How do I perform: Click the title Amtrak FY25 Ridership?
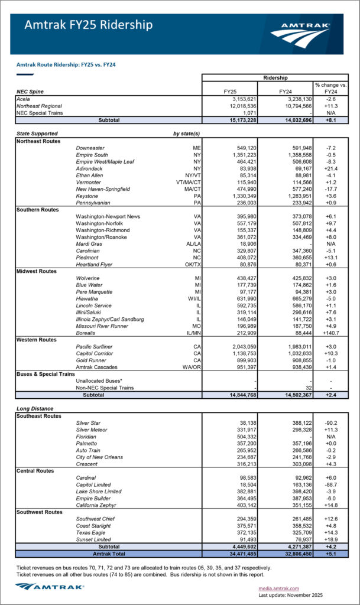click(x=88, y=25)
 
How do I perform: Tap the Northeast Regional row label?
click(x=40, y=105)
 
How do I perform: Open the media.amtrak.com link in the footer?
click(x=280, y=588)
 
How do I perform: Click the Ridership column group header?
click(x=275, y=77)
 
